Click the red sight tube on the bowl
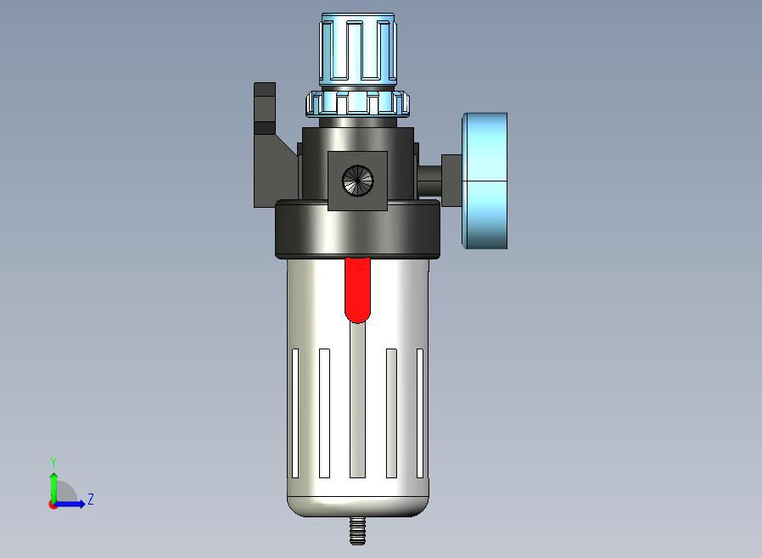coord(358,290)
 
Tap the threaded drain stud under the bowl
coord(358,530)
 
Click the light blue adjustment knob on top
coord(358,49)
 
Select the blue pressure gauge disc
coord(485,181)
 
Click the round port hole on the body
coord(358,181)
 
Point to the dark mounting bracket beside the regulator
coord(272,145)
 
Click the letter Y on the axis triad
coord(53,462)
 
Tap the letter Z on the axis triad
coord(91,499)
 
